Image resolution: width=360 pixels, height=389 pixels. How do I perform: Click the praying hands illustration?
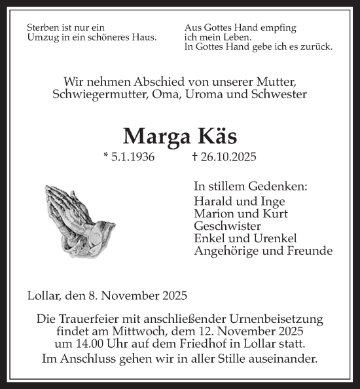pos(79,219)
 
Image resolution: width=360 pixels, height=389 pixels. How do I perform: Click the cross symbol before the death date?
pos(194,157)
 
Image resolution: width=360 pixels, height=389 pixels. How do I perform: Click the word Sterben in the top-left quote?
pos(44,28)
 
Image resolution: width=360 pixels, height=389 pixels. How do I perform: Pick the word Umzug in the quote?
pos(42,37)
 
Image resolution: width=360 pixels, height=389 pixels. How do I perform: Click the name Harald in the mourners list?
pos(212,201)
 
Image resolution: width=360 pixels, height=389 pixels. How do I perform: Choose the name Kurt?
pos(276,213)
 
